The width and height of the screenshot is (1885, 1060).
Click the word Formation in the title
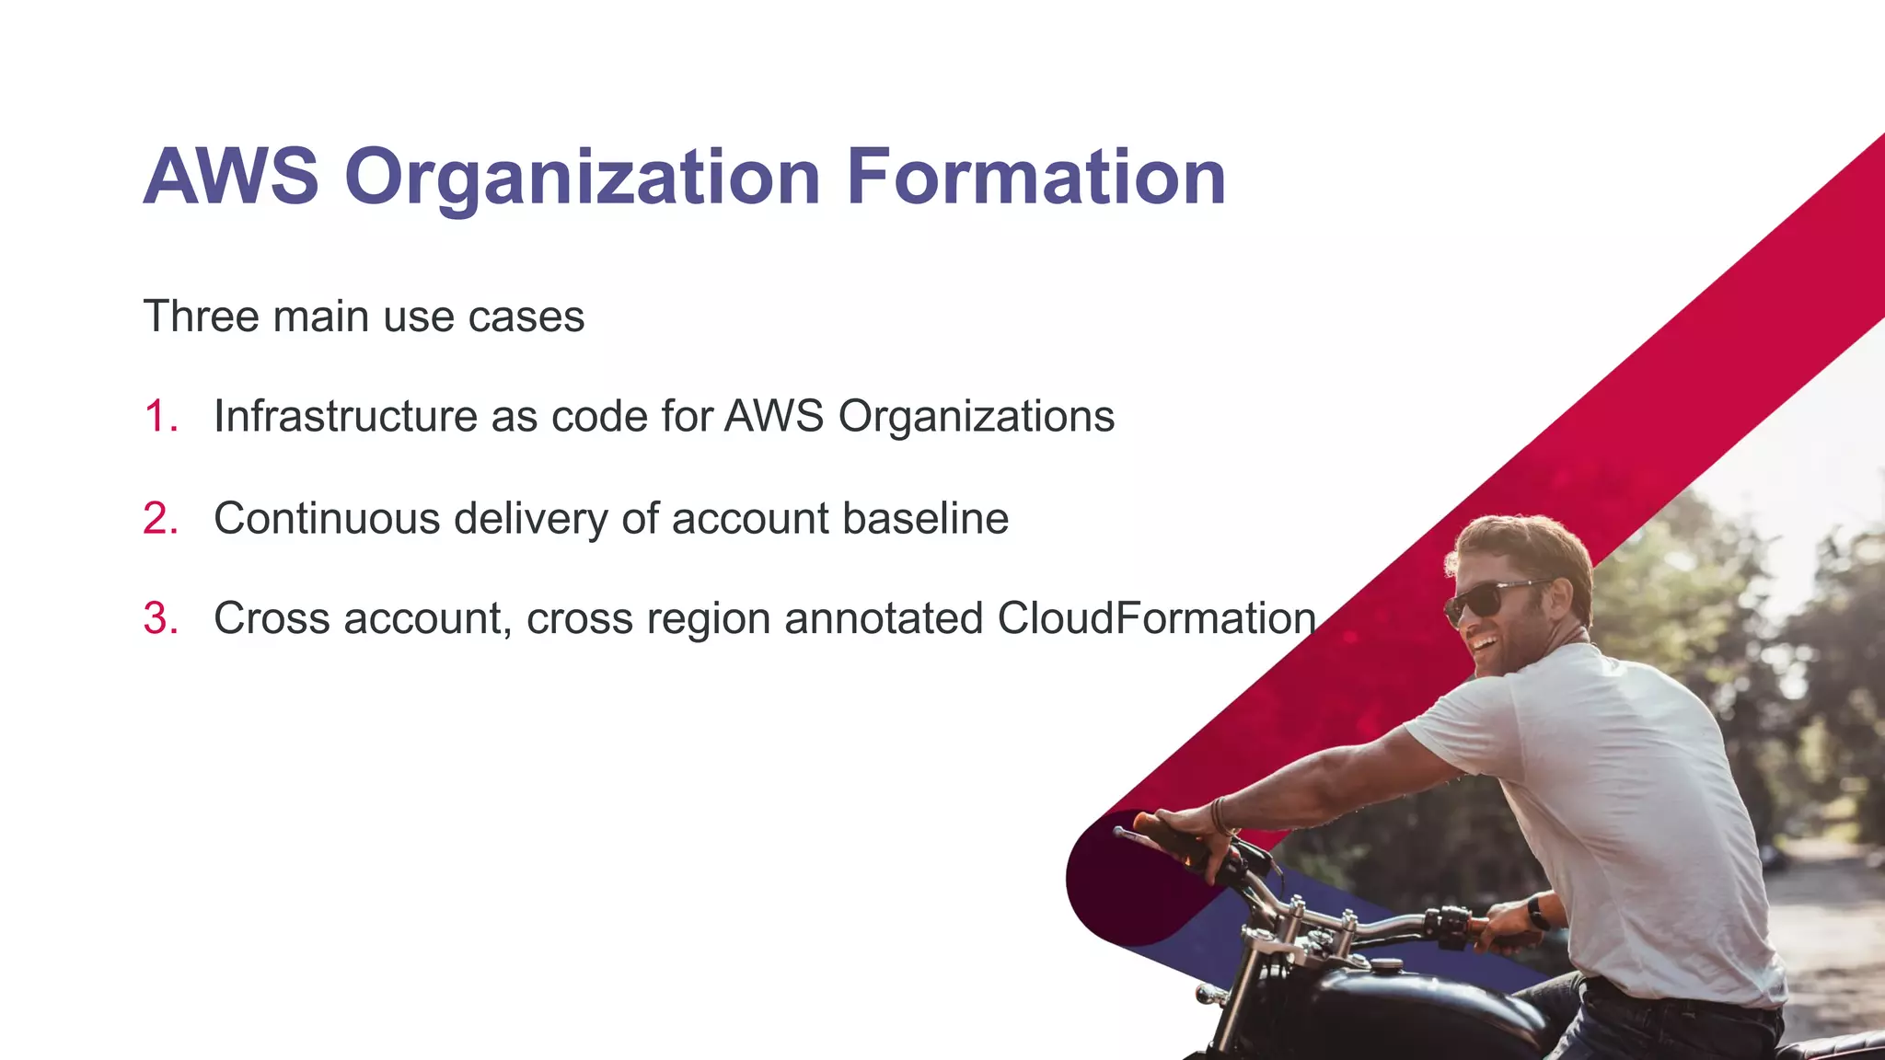coord(1035,177)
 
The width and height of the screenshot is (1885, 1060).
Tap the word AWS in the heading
coord(231,177)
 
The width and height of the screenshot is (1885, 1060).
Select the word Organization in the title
coord(582,179)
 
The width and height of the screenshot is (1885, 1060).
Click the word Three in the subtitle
coord(202,317)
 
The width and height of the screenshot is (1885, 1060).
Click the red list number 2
coord(160,518)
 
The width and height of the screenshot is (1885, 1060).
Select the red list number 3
coord(160,618)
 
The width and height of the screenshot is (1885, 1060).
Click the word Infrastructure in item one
coord(345,416)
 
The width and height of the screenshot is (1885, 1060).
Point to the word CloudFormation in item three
coord(1156,618)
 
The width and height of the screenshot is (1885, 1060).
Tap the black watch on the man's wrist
coord(1538,913)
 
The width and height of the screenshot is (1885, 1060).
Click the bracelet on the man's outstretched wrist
coord(1220,815)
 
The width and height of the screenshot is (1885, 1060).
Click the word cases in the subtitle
coord(526,317)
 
